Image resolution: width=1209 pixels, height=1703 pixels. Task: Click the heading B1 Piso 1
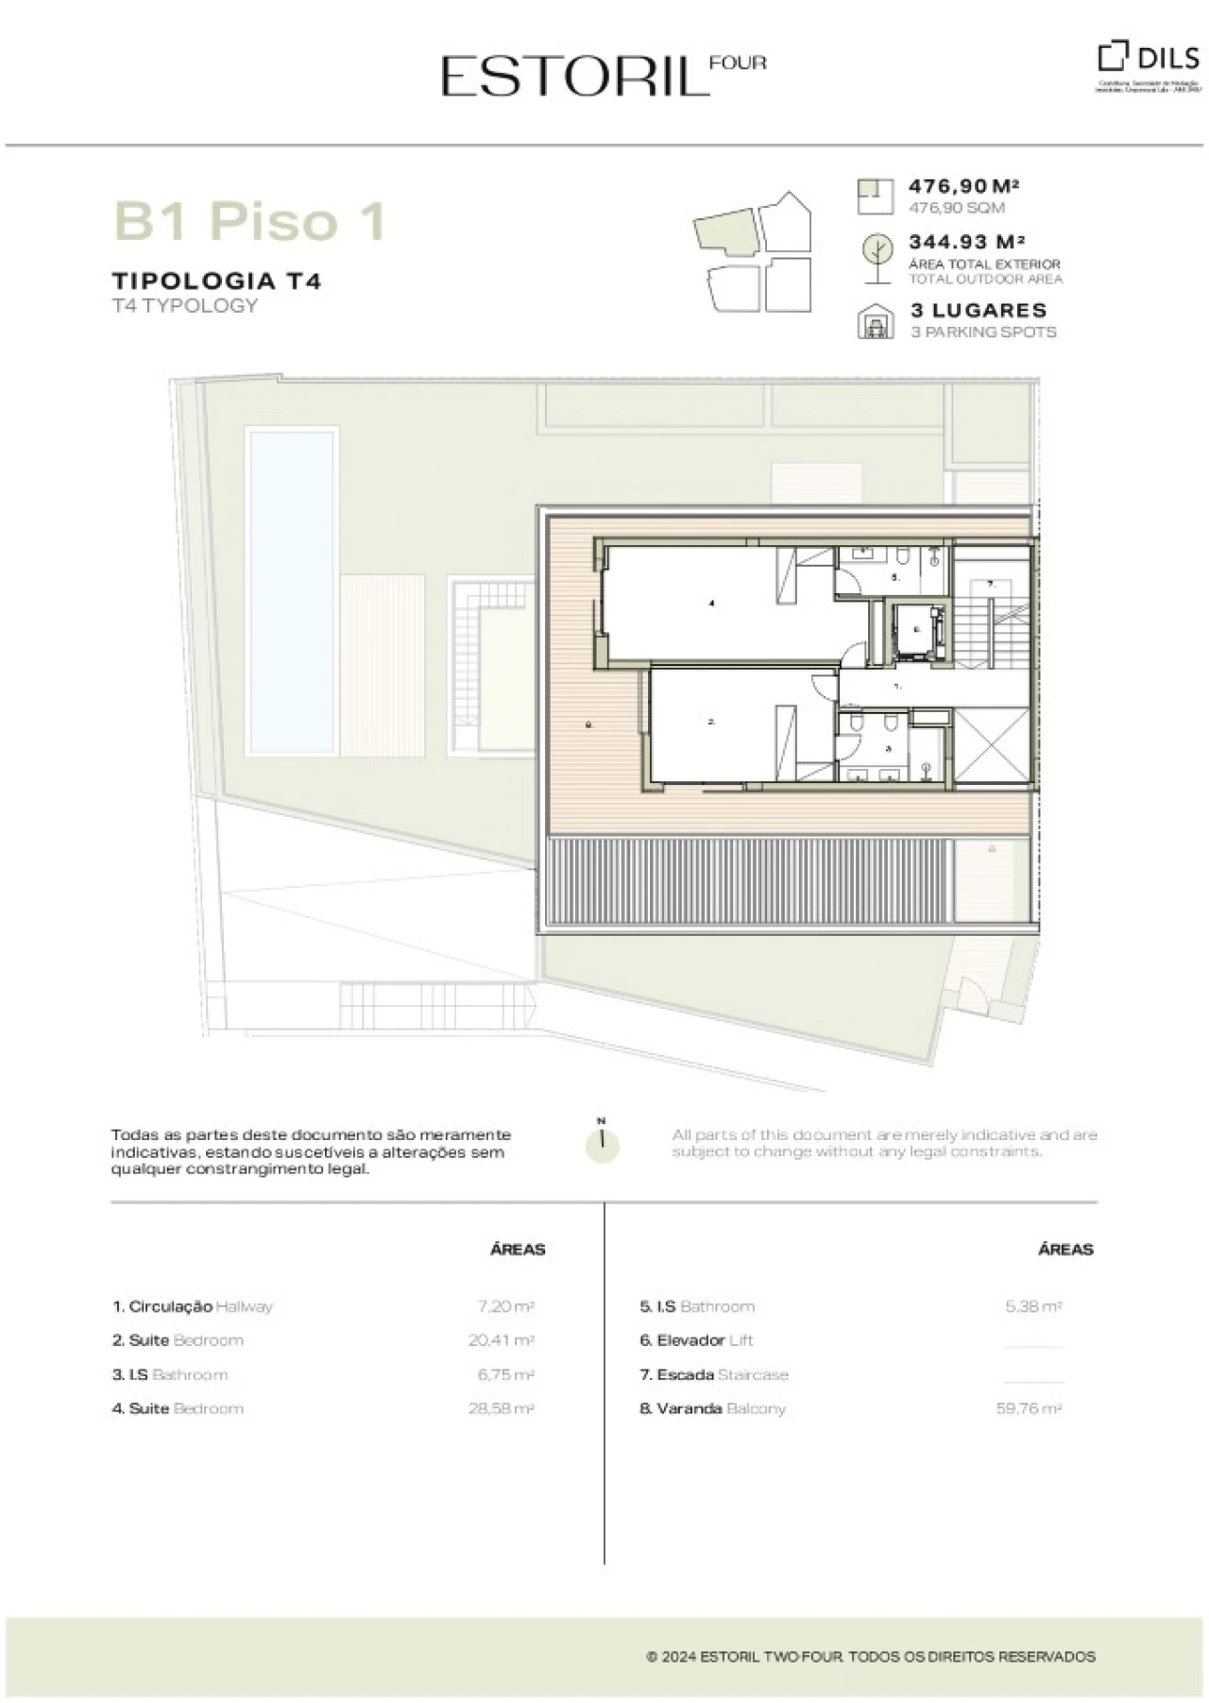pos(250,221)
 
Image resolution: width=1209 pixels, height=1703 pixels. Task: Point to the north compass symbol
pos(602,1142)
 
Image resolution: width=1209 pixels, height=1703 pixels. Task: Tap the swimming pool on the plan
pos(292,590)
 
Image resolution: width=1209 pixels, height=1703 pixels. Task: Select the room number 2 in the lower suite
pos(712,723)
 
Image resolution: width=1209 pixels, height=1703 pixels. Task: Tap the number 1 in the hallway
pos(897,687)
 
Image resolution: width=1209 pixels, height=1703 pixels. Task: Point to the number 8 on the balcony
pos(588,725)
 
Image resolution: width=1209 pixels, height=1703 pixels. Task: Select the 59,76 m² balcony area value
pos(1029,1408)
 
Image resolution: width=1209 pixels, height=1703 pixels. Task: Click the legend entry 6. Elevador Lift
pos(696,1340)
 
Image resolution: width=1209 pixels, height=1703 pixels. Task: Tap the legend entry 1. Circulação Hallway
pos(193,1306)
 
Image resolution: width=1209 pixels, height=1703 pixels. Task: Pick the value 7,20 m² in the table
pos(505,1306)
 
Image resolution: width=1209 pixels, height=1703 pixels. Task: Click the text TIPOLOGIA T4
pos(216,281)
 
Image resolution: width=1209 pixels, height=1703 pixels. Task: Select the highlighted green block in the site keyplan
pos(725,231)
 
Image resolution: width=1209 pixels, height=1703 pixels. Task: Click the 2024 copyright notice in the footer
pos(870,1656)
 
